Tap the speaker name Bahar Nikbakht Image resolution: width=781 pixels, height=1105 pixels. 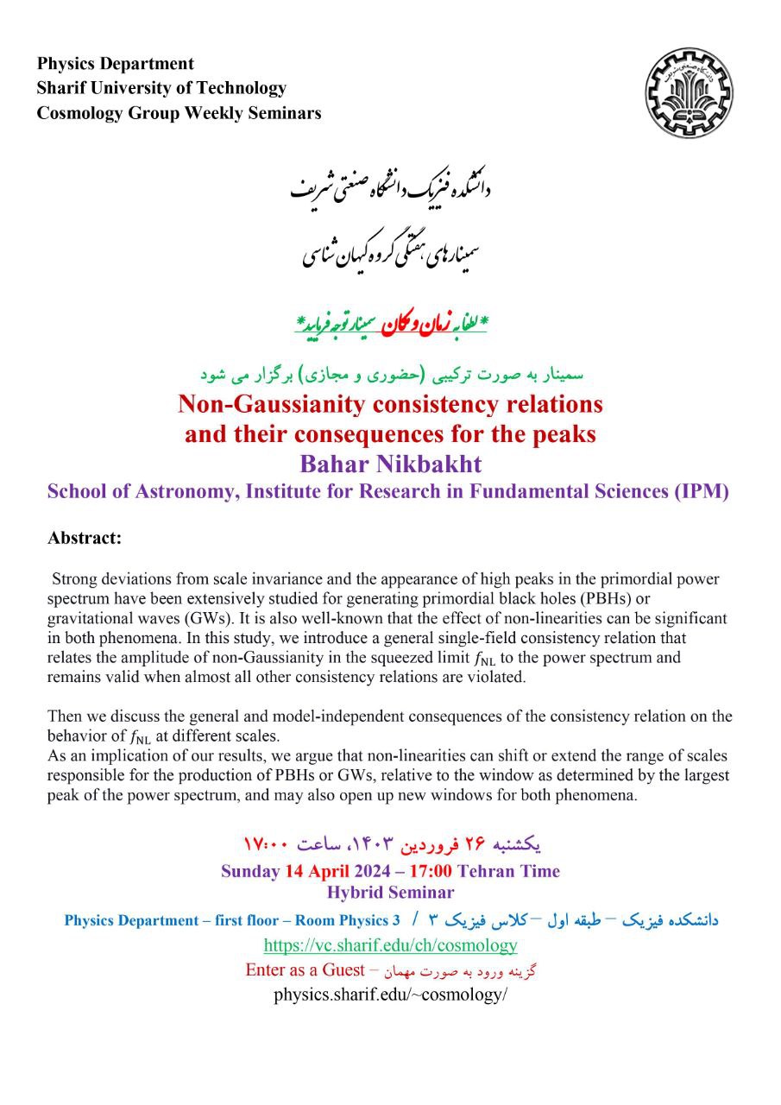(390, 464)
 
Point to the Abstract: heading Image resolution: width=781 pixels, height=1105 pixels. (85, 539)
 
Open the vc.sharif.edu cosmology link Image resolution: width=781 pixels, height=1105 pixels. (390, 945)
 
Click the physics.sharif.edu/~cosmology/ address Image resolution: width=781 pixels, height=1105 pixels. (390, 994)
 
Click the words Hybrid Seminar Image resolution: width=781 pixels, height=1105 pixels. (390, 893)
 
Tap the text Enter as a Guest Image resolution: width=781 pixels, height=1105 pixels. (307, 969)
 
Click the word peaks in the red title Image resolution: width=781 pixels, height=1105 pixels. (567, 434)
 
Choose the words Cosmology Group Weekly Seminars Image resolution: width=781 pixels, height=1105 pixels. (179, 113)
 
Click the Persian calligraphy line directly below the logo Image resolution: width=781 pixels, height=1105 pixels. (390, 189)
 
